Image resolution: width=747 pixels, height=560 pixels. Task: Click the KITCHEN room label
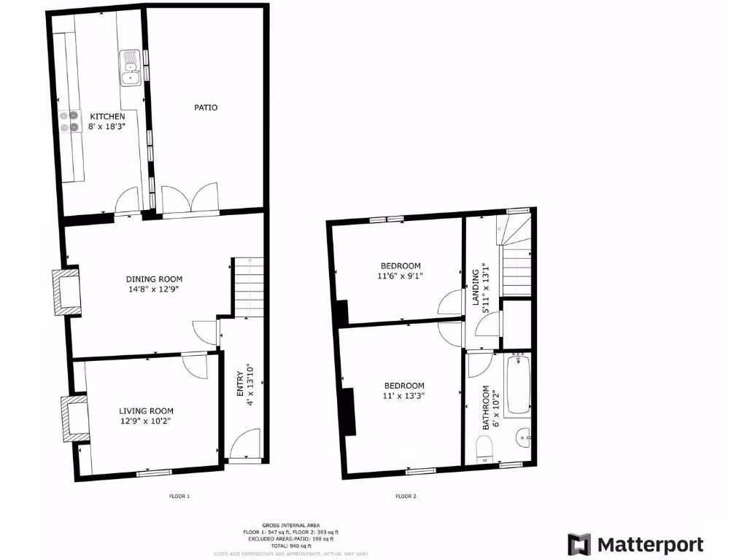[x=107, y=116]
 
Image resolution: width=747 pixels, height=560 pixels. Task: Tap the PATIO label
[x=206, y=107]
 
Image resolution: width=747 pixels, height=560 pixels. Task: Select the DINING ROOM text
[x=154, y=279]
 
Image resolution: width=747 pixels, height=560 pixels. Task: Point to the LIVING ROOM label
[x=147, y=411]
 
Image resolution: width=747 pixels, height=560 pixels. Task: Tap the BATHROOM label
[x=484, y=407]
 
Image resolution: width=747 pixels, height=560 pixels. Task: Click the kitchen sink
[x=130, y=68]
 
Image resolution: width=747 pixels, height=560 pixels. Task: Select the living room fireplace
[x=74, y=418]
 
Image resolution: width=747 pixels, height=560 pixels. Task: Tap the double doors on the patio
[x=190, y=198]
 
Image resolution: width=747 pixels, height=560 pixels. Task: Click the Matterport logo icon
[x=579, y=545]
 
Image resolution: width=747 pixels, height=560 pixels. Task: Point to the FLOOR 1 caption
[x=179, y=497]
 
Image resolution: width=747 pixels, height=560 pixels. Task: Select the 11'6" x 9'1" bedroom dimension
[x=400, y=276]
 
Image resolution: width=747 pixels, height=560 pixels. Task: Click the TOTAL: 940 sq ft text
[x=292, y=546]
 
